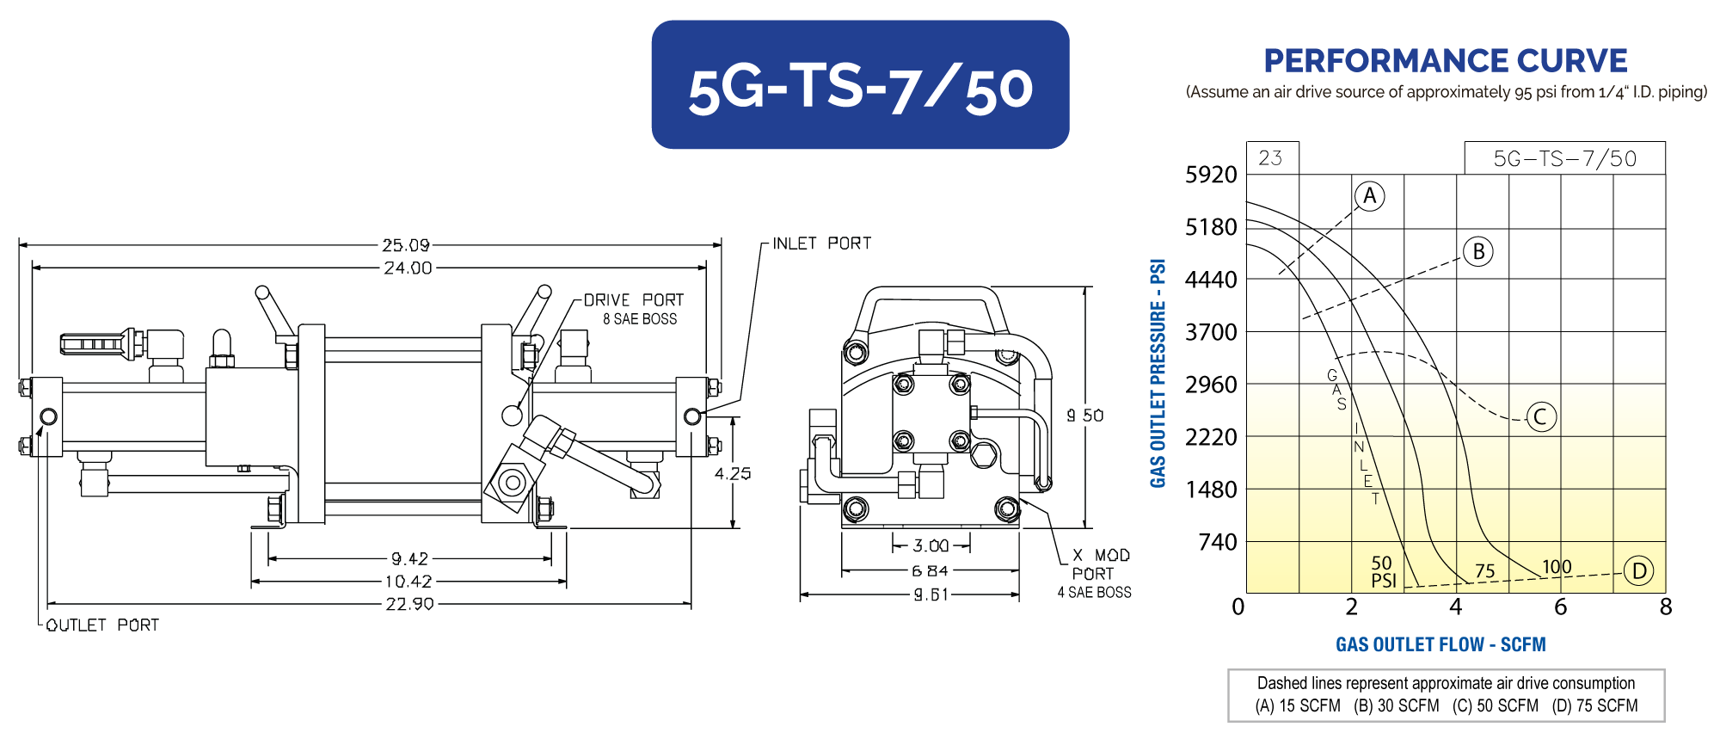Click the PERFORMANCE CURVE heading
point(1446,60)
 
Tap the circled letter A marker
point(1370,196)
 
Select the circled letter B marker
point(1478,251)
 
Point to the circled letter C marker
point(1540,417)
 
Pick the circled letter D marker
point(1639,571)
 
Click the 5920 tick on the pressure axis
point(1211,175)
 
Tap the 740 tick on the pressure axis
point(1218,542)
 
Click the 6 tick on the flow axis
point(1560,607)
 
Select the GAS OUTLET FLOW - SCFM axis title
point(1440,644)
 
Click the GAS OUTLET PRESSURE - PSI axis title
point(1158,373)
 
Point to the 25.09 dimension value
point(406,245)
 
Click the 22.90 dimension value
point(409,604)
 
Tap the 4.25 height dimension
point(733,473)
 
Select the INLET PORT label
point(821,243)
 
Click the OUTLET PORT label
point(102,625)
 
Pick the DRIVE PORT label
point(634,300)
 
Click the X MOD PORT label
point(1101,564)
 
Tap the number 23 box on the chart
point(1270,158)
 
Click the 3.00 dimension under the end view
point(931,545)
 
